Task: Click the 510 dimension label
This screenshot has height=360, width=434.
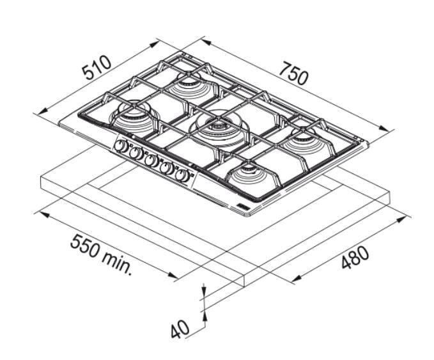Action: (x=97, y=68)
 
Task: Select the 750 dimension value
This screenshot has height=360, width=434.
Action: (x=293, y=74)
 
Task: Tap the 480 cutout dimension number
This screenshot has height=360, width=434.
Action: (x=355, y=258)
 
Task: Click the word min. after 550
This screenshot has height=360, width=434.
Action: (x=116, y=264)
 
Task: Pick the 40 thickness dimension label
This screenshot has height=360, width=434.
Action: (x=180, y=329)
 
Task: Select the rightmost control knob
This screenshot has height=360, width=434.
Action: (x=182, y=175)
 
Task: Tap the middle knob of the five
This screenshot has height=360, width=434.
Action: (x=151, y=160)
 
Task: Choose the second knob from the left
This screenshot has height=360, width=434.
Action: (x=136, y=153)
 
